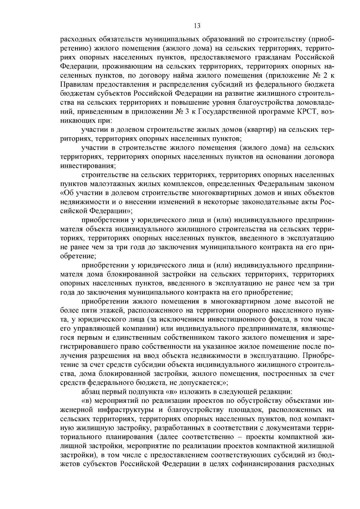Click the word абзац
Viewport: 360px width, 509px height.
pos(90,392)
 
